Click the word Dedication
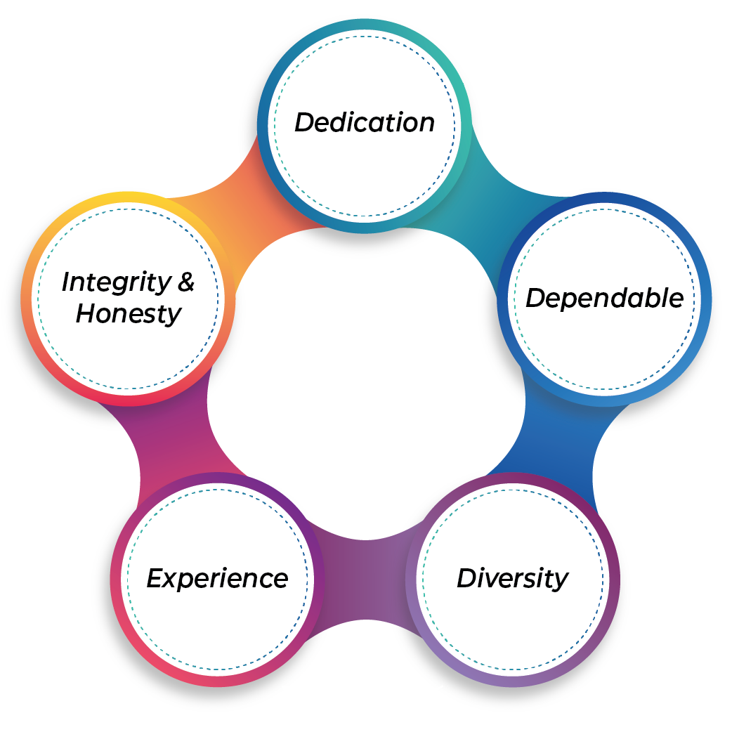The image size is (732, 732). point(365,123)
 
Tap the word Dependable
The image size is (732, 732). point(604,299)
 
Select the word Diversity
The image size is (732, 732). point(512,579)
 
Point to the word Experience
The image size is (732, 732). point(217,579)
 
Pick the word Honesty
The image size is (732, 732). point(129,313)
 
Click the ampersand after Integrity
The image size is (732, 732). point(185,282)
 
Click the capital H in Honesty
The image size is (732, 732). point(86,313)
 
